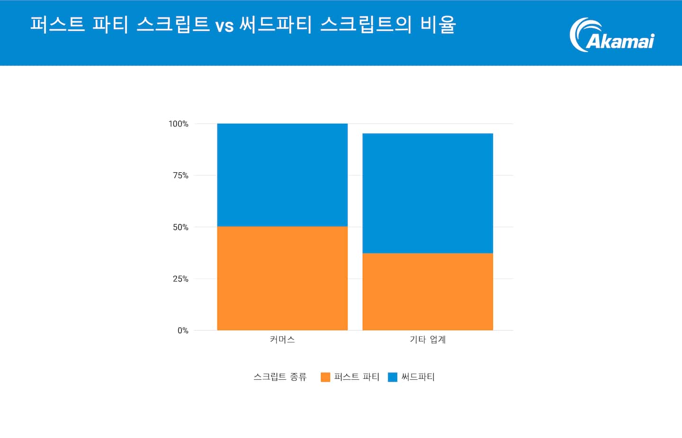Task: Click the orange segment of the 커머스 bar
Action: click(282, 278)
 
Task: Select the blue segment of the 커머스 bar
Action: click(282, 175)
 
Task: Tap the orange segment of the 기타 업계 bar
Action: click(428, 292)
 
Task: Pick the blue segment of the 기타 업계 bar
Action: click(428, 193)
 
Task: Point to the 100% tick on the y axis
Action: click(179, 124)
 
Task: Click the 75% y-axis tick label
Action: click(180, 176)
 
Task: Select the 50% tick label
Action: click(180, 227)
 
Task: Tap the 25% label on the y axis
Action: click(180, 279)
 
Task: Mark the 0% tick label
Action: click(183, 331)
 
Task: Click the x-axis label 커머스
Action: click(282, 340)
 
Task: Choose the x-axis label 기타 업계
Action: click(428, 340)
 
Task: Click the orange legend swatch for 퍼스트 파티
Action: click(325, 377)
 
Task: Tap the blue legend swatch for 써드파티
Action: click(393, 377)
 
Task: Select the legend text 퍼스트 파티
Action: click(357, 377)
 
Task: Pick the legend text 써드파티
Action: click(418, 377)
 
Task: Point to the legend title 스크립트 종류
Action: click(280, 377)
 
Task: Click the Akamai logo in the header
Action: click(612, 35)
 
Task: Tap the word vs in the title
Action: click(224, 26)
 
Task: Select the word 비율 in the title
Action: click(438, 25)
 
